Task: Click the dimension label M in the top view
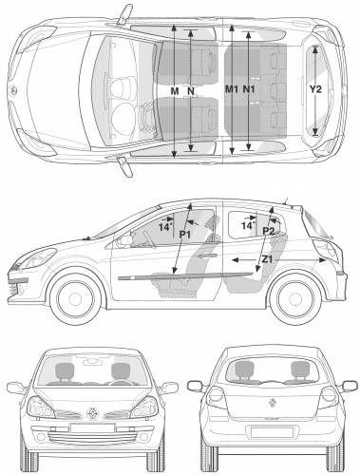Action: tap(175, 90)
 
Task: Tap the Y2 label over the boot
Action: tap(317, 89)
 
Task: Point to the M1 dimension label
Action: tap(231, 89)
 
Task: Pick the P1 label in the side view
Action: tap(185, 234)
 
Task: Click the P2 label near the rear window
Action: tap(269, 231)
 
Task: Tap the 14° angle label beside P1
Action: tap(164, 228)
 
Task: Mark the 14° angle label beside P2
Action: tap(247, 226)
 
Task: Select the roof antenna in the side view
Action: tap(284, 200)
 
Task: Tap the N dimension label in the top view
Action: tap(191, 90)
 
